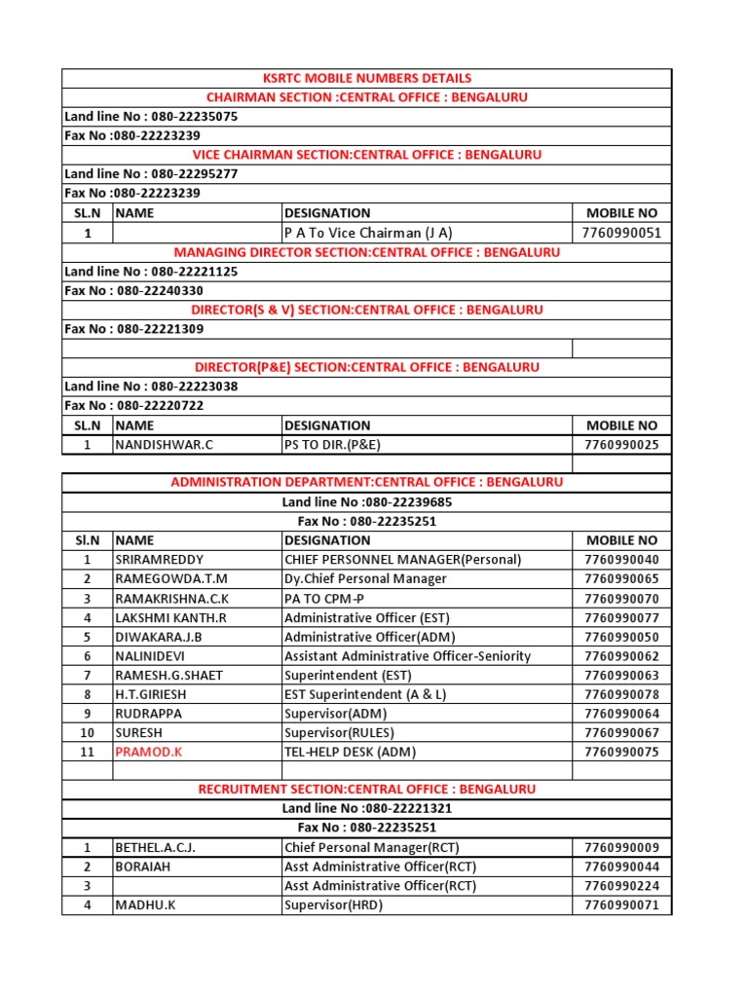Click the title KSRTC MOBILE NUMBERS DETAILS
coord(366,78)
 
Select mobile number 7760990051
coord(621,233)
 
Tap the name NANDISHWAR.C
coord(164,445)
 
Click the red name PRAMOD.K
coord(148,752)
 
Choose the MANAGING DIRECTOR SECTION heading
coord(366,252)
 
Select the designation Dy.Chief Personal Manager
coord(365,579)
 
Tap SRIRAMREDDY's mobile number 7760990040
coord(621,560)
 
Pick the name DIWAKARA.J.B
coord(158,637)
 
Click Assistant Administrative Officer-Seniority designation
coord(407,656)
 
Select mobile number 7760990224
coord(621,886)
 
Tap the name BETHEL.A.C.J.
coord(156,847)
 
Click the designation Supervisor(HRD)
coord(334,905)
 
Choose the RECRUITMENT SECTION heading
coord(366,790)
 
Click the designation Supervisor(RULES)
coord(338,732)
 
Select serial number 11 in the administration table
coord(88,752)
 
